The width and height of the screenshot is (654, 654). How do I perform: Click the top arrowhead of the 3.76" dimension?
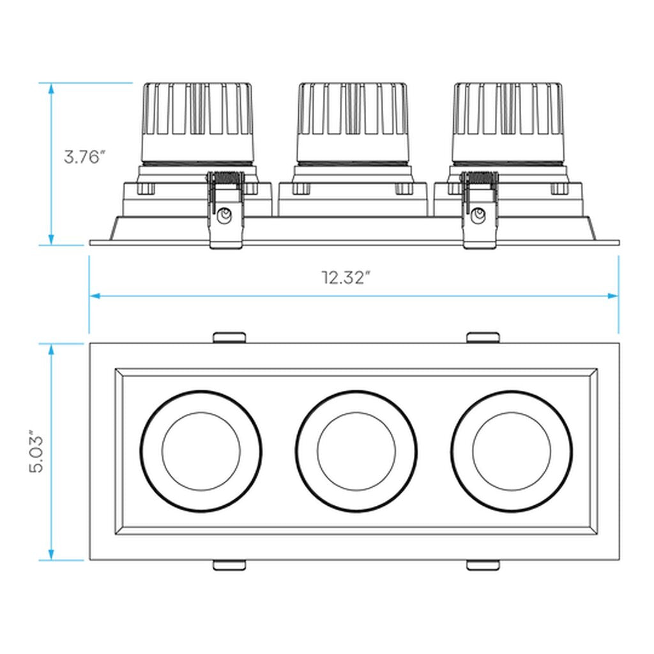tap(51, 89)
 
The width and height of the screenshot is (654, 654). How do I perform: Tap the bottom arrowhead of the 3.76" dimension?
tap(51, 240)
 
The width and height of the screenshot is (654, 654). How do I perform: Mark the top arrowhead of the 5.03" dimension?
tap(51, 349)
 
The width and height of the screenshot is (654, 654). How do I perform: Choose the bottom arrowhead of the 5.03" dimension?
tap(51, 555)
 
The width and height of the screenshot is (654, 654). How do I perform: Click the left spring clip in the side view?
tap(225, 211)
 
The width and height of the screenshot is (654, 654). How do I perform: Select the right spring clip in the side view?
tap(480, 211)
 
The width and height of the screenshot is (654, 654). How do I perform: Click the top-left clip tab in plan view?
tap(229, 337)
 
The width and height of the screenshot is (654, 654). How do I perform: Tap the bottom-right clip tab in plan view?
tap(483, 565)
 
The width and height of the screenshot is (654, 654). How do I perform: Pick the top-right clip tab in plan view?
tap(483, 337)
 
